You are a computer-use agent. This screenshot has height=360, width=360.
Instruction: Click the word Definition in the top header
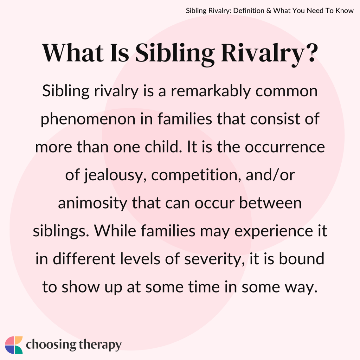pos(245,11)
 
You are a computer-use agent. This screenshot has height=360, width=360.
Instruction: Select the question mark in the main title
pos(308,54)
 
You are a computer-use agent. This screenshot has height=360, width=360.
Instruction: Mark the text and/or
pos(269,175)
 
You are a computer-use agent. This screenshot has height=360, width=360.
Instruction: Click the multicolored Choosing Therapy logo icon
pos(14,345)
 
